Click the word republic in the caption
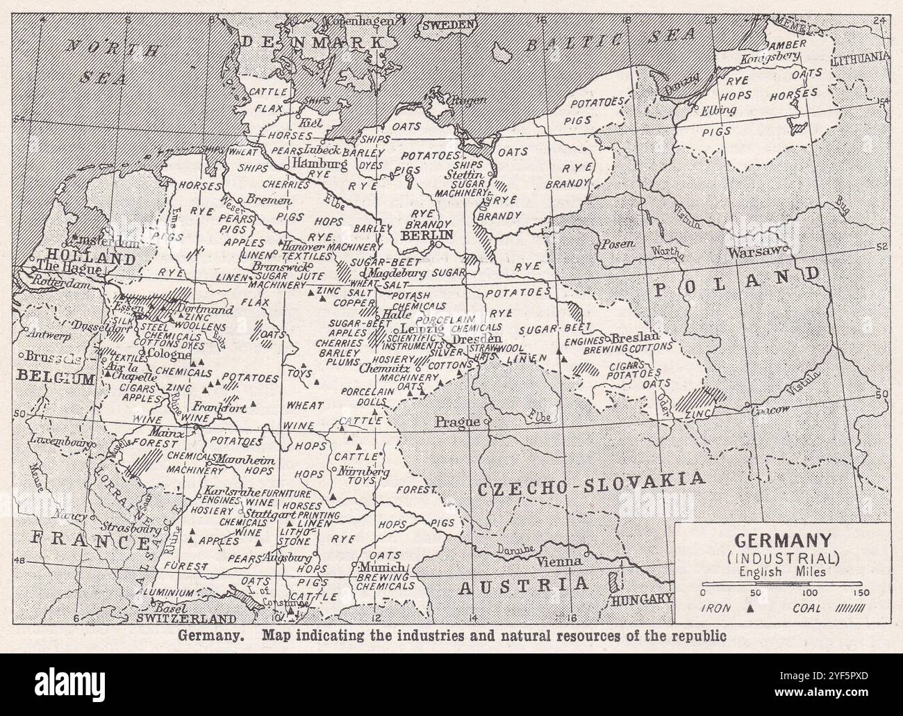click(x=696, y=635)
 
